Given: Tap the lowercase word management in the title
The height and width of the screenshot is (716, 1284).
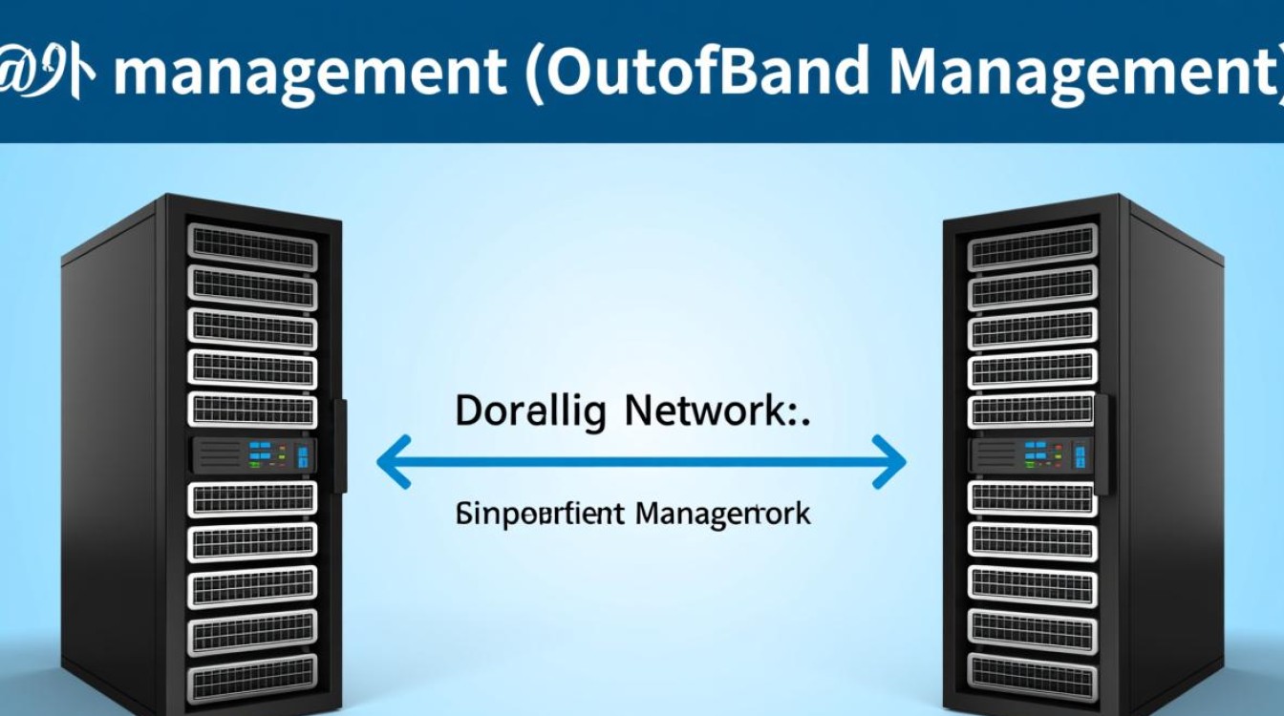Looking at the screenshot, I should (310, 71).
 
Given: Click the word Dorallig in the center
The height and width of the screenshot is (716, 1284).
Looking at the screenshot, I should (530, 411).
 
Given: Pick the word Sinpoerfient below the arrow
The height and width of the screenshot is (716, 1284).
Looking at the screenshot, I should (540, 515).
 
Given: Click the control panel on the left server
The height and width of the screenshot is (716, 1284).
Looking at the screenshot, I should (254, 454).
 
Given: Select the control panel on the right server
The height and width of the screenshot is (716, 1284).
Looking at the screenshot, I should (1032, 454).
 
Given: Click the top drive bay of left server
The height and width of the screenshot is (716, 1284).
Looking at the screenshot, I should (252, 246).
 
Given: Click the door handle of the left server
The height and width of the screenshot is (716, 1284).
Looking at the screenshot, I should (339, 445).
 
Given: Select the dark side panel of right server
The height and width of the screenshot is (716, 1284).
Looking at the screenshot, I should (1175, 458).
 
